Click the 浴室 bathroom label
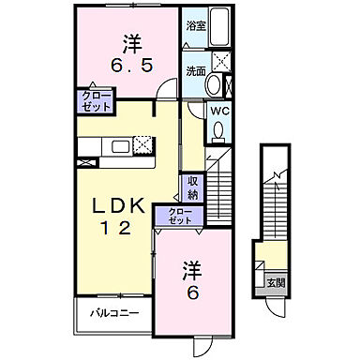194,26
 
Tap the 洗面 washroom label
194,69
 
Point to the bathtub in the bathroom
221,27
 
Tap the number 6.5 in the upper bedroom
130,68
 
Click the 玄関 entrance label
277,282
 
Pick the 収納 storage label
191,187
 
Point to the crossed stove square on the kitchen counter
143,145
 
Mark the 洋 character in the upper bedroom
130,42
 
